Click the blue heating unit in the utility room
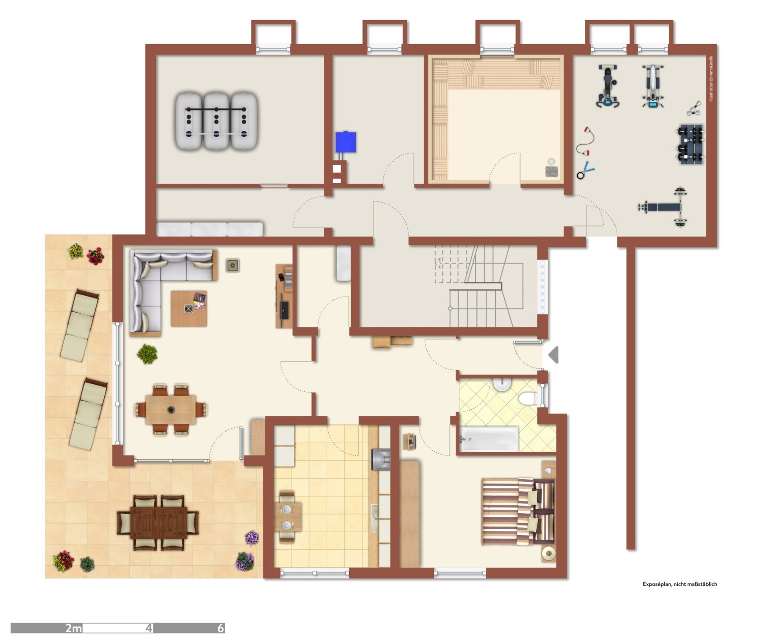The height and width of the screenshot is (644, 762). click(x=345, y=142)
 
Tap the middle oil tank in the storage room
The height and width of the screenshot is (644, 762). click(x=217, y=121)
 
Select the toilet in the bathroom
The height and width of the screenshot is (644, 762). click(x=528, y=398)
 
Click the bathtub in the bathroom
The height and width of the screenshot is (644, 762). click(x=489, y=439)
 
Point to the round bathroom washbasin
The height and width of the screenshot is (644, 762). click(x=501, y=384)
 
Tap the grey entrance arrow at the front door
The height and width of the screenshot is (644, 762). click(x=553, y=355)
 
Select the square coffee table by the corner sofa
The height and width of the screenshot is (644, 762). click(x=189, y=308)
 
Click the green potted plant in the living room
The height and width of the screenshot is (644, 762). click(x=147, y=354)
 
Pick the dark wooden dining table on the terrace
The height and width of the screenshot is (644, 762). click(x=159, y=522)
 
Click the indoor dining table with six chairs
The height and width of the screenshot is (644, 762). click(x=170, y=409)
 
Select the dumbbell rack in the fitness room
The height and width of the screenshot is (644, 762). click(x=690, y=144)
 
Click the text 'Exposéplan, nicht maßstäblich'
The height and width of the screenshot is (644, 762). click(x=679, y=584)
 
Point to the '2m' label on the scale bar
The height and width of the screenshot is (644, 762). click(x=73, y=628)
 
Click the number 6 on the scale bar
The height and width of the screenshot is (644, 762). click(x=220, y=628)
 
